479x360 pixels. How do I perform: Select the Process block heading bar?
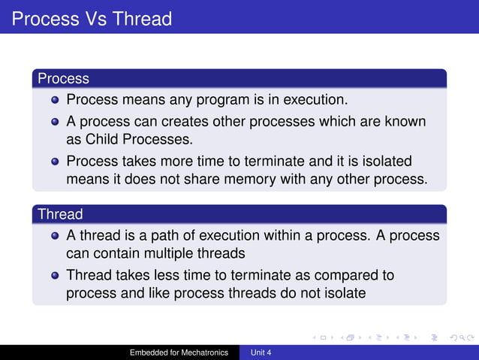click(x=239, y=78)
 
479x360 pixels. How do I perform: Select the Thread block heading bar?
click(x=239, y=214)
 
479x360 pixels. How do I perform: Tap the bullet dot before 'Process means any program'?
click(x=55, y=99)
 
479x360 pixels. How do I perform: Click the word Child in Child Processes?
click(x=102, y=139)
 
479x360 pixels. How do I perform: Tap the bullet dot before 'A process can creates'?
click(x=55, y=121)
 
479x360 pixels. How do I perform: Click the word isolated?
click(x=382, y=161)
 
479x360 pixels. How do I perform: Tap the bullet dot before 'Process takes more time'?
click(x=55, y=161)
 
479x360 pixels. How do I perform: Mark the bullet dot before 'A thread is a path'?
click(x=55, y=235)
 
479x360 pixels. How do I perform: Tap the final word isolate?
click(x=342, y=293)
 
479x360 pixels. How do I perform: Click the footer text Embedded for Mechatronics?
click(x=179, y=352)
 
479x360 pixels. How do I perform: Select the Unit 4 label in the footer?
click(x=261, y=352)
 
